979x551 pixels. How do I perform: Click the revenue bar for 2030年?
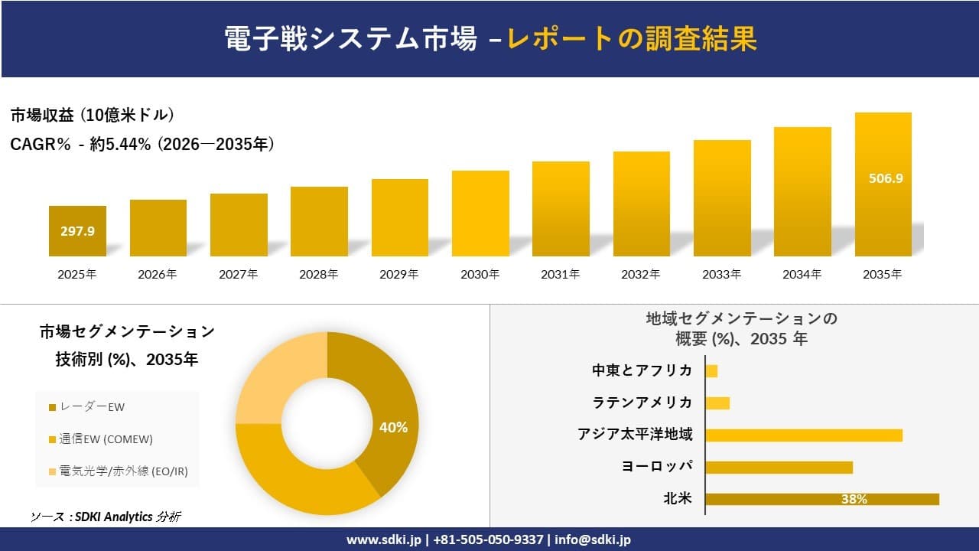(x=480, y=214)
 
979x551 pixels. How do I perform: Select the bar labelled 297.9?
(x=77, y=231)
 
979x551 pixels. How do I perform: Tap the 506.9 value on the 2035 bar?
(x=886, y=178)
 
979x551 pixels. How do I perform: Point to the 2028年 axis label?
(x=318, y=274)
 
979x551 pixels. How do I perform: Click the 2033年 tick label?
(x=721, y=274)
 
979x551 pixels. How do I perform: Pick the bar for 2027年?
(x=239, y=225)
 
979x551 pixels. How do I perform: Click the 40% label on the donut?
(x=393, y=428)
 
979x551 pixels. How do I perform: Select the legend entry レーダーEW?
(x=87, y=407)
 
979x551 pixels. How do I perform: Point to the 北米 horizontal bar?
(x=821, y=499)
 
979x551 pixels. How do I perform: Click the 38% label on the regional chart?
(x=854, y=500)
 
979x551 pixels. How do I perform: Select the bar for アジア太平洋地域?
(x=803, y=435)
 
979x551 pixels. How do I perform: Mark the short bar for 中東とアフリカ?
(x=711, y=371)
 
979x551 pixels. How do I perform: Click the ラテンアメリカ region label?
(x=642, y=403)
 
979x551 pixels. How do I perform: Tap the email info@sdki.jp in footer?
(x=593, y=540)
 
